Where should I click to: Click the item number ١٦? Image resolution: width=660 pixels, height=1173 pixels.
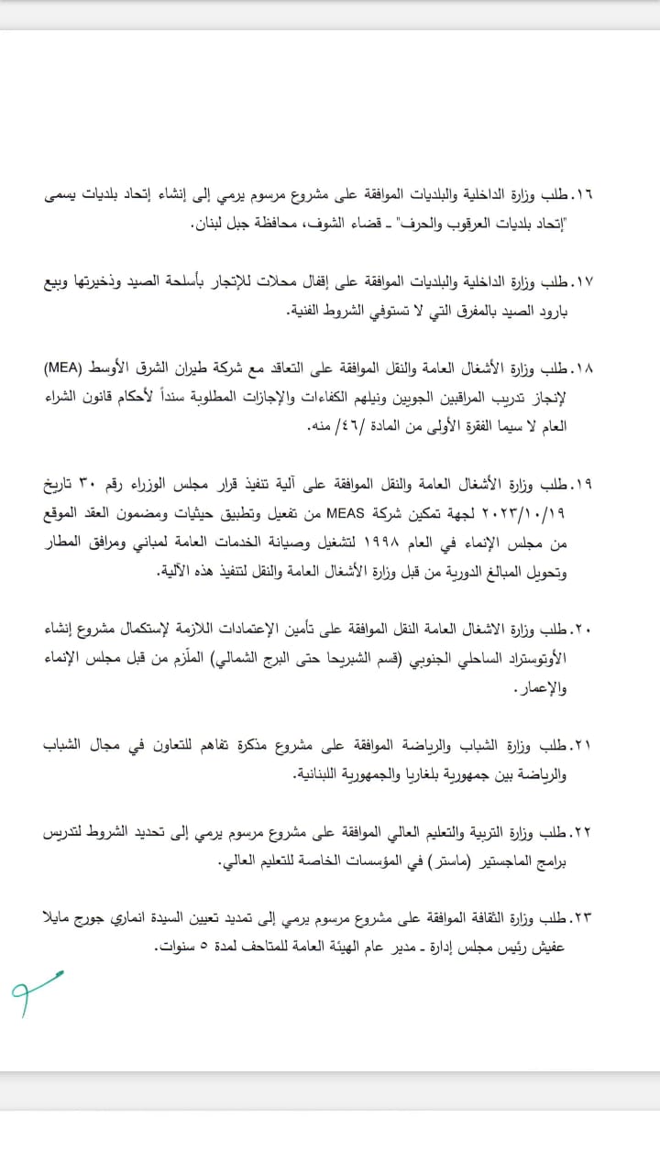[583, 196]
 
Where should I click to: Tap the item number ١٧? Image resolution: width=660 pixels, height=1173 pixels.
[583, 282]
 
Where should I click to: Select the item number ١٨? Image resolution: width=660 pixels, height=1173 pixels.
[583, 369]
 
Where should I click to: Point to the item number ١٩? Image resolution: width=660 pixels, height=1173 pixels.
[583, 485]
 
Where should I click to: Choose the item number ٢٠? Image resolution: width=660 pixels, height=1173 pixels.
[583, 630]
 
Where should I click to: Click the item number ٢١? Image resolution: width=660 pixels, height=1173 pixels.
[583, 746]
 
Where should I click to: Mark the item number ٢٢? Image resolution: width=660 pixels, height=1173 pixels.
[583, 832]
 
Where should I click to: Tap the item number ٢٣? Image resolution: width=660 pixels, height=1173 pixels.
[583, 918]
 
